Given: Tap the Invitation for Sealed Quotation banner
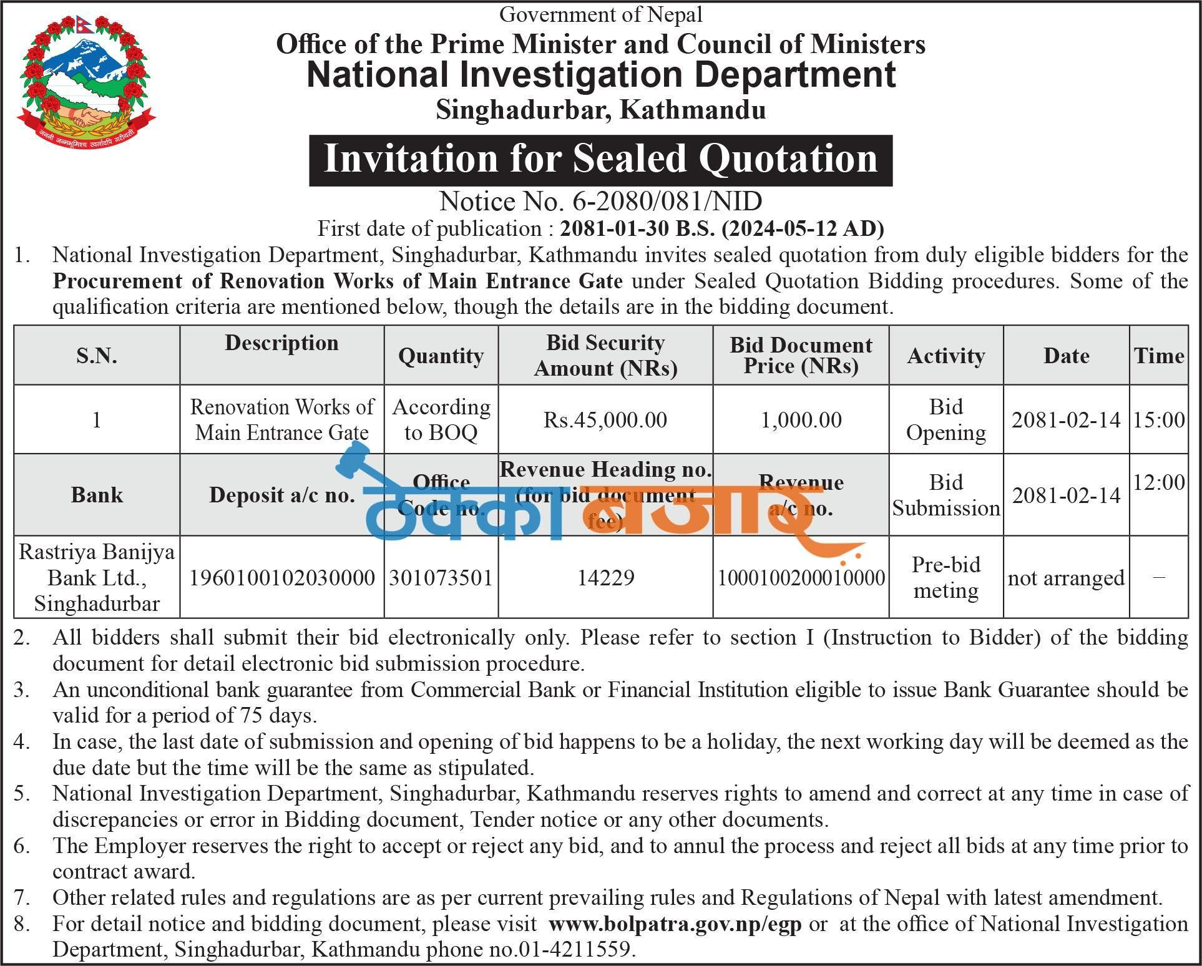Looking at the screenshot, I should [x=600, y=159].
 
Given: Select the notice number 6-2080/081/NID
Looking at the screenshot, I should [x=600, y=202].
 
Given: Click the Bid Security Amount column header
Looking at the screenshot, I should [x=605, y=355].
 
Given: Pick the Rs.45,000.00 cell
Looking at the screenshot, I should [x=605, y=420].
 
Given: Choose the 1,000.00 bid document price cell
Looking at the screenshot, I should [x=801, y=420].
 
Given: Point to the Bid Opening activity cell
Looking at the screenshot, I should [x=945, y=419].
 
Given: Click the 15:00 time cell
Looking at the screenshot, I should [x=1158, y=420].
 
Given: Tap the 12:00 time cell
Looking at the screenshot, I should [x=1158, y=482].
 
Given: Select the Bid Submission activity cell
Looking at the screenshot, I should [x=945, y=495].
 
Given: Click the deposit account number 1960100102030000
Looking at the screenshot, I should [x=282, y=578].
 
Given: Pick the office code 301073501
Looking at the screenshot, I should [x=441, y=578].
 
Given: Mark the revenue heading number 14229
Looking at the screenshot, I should [x=605, y=578].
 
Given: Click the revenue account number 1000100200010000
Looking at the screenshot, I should [x=801, y=578].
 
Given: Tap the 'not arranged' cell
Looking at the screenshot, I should [x=1066, y=578].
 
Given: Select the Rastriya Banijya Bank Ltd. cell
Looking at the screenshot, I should [x=97, y=577].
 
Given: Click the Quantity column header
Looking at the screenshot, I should [x=441, y=356].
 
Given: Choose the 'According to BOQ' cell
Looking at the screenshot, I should [x=441, y=419].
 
